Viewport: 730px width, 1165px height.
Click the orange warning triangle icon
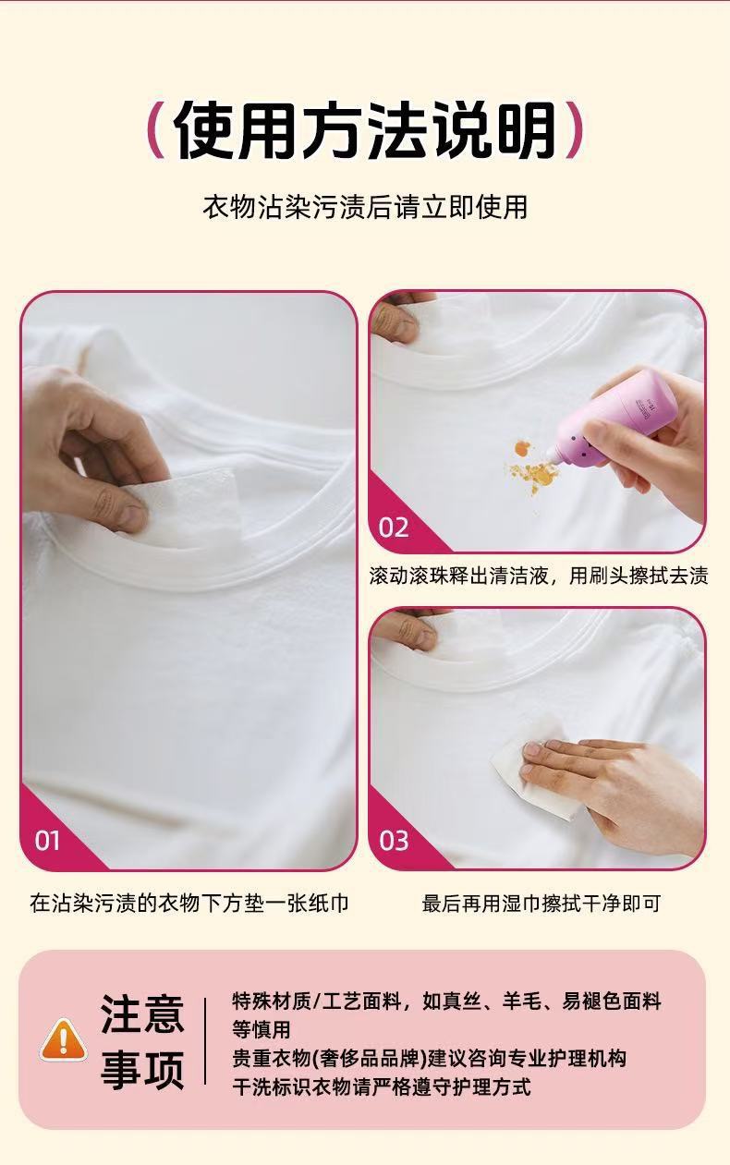tap(64, 1040)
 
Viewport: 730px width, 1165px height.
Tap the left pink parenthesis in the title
tap(155, 130)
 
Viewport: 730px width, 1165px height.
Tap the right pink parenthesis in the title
tap(574, 130)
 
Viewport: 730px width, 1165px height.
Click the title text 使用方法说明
tap(365, 130)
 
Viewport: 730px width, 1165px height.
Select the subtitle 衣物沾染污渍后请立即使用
tap(365, 207)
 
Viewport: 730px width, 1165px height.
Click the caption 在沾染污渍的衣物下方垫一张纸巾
tap(189, 903)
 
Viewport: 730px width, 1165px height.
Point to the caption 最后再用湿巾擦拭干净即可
tap(541, 903)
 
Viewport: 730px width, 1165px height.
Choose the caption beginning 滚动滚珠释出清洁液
tap(539, 576)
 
